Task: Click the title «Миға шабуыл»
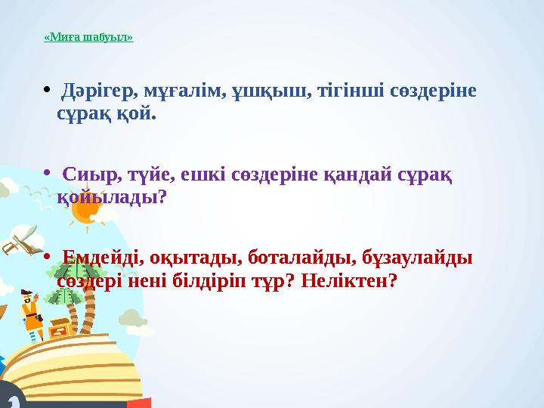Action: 88,36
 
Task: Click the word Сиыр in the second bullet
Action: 86,175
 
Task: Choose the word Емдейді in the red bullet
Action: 99,257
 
